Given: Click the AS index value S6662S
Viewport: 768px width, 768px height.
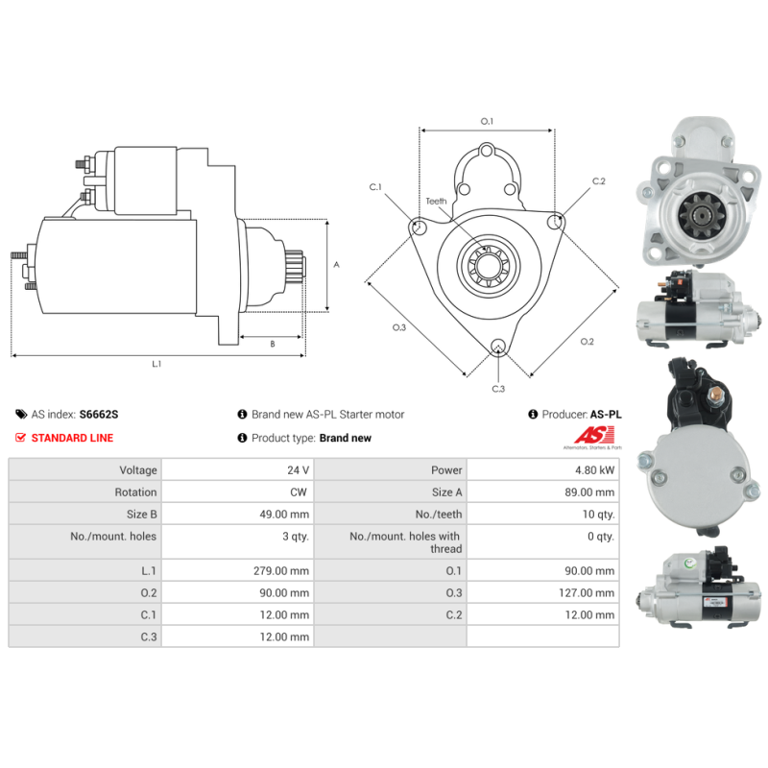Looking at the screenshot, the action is pyautogui.click(x=99, y=415).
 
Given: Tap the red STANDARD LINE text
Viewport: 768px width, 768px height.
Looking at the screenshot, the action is pyautogui.click(x=72, y=438).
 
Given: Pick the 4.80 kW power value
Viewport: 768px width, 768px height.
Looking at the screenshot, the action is pyautogui.click(x=594, y=470).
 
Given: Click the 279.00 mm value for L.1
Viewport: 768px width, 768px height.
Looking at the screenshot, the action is pyautogui.click(x=281, y=570).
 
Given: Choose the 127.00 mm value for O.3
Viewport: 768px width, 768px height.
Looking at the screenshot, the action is pyautogui.click(x=587, y=592).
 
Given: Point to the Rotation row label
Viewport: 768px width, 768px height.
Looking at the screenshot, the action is pyautogui.click(x=135, y=492).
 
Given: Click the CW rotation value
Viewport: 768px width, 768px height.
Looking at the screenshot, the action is pyautogui.click(x=299, y=492).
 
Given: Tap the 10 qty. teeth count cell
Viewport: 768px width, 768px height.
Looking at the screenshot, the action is pyautogui.click(x=598, y=515).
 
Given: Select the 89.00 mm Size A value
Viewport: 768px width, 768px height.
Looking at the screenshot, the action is pyautogui.click(x=589, y=492).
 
